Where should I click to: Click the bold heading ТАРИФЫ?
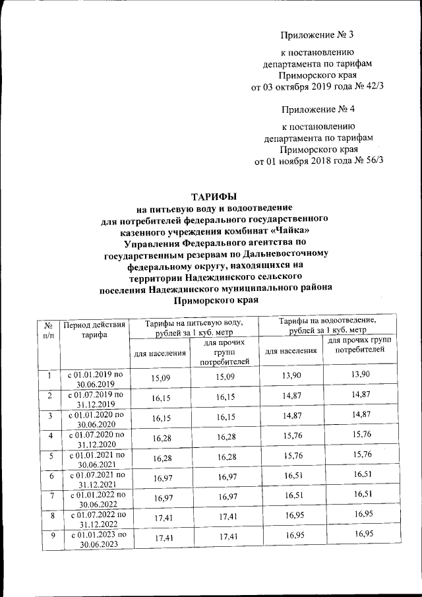point(213,196)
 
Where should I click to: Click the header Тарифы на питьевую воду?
point(194,327)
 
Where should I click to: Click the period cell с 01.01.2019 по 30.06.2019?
point(94,379)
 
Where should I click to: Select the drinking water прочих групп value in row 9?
point(225,539)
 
